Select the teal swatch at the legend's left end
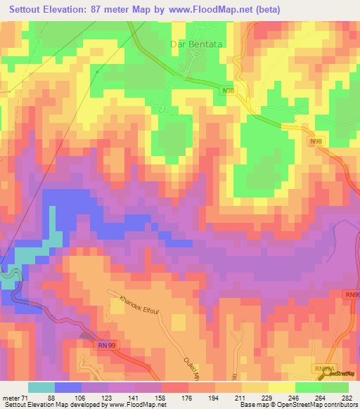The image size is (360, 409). click(41, 387)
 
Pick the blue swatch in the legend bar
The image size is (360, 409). click(68, 387)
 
